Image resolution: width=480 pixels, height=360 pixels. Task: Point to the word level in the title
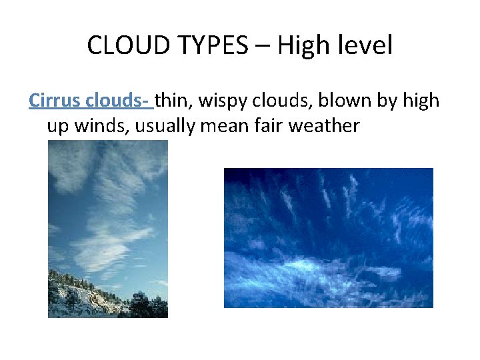tap(365, 46)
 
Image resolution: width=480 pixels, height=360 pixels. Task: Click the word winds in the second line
tap(105, 126)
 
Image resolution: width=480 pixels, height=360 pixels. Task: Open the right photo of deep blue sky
tap(328, 237)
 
